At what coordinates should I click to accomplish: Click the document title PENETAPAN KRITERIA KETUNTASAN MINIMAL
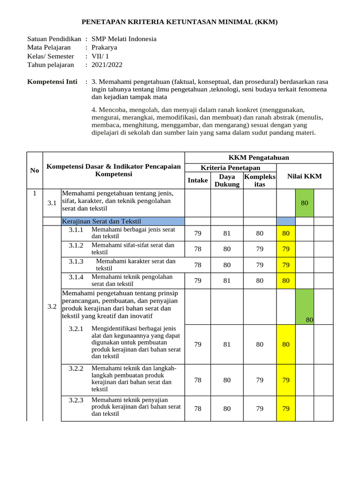[x=180, y=22]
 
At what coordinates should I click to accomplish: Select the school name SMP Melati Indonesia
[x=124, y=39]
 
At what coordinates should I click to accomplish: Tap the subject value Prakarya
[x=105, y=47]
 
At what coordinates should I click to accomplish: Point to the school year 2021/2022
[x=107, y=65]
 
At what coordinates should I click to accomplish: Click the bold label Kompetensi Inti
[x=52, y=82]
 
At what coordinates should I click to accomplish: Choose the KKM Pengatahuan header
[x=258, y=158]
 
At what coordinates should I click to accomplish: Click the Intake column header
[x=197, y=180]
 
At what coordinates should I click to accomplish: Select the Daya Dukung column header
[x=227, y=180]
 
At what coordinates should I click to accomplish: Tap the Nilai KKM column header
[x=304, y=176]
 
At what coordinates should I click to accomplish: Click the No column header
[x=35, y=170]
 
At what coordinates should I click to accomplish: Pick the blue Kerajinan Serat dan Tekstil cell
[x=123, y=221]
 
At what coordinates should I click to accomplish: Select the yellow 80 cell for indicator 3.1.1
[x=285, y=233]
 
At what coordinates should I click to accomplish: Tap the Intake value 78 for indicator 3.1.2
[x=197, y=249]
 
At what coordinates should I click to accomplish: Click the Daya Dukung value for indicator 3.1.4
[x=227, y=281]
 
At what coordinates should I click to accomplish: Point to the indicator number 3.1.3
[x=76, y=261]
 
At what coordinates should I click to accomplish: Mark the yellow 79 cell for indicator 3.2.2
[x=285, y=380]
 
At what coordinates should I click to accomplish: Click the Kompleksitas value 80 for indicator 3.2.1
[x=259, y=345]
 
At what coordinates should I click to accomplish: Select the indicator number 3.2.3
[x=76, y=400]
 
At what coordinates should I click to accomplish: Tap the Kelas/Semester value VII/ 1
[x=100, y=56]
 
